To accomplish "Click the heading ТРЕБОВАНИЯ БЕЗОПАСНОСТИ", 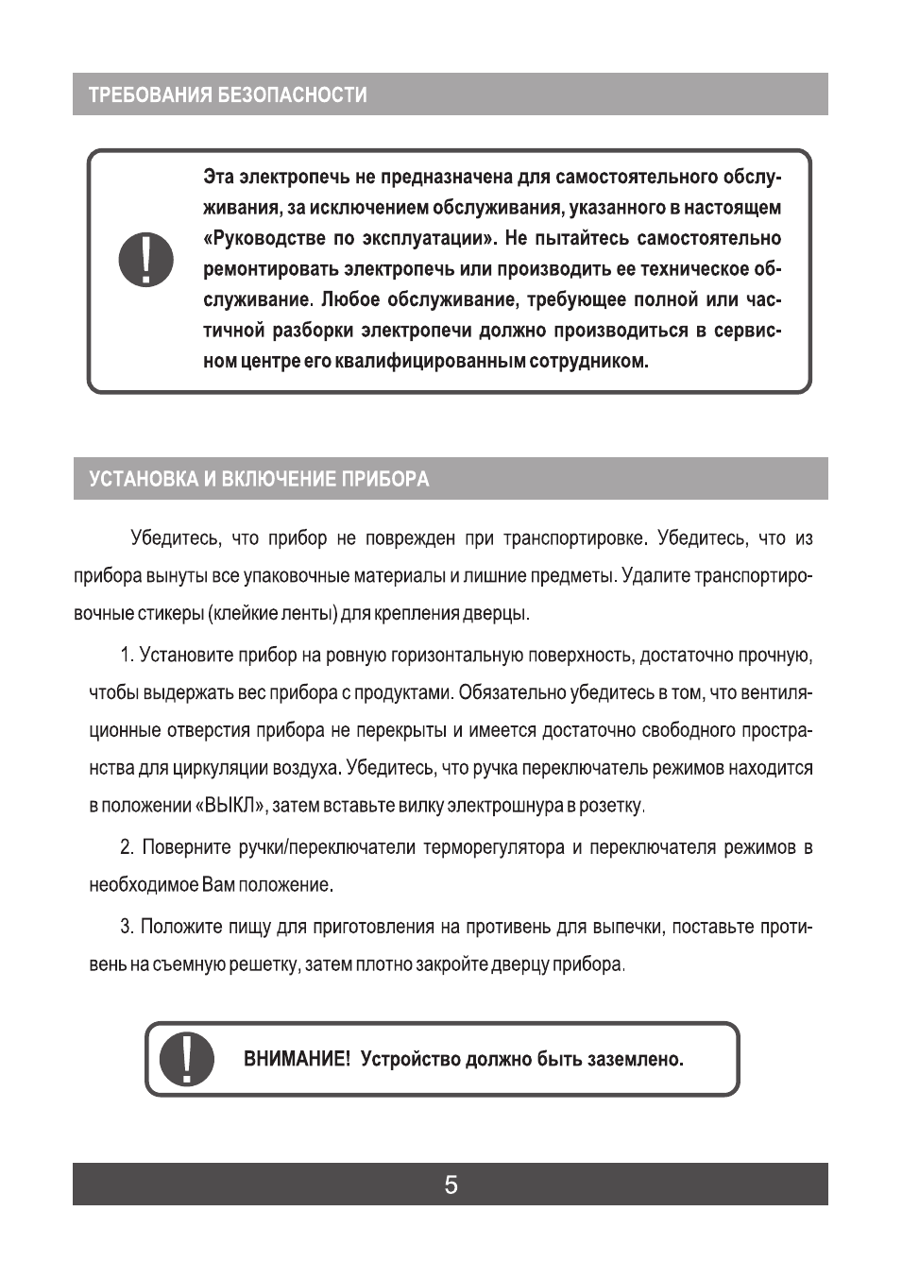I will pyautogui.click(x=228, y=95).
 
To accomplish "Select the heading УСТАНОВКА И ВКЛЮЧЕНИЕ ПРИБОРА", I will pyautogui.click(x=259, y=479).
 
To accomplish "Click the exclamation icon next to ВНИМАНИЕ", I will pyautogui.click(x=186, y=1059).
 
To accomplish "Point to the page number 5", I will pyautogui.click(x=451, y=1185).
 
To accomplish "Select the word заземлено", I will pyautogui.click(x=635, y=1059).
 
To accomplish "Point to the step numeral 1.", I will pyautogui.click(x=126, y=656).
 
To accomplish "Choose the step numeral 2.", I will pyautogui.click(x=126, y=847).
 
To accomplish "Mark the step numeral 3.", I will pyautogui.click(x=126, y=926).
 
